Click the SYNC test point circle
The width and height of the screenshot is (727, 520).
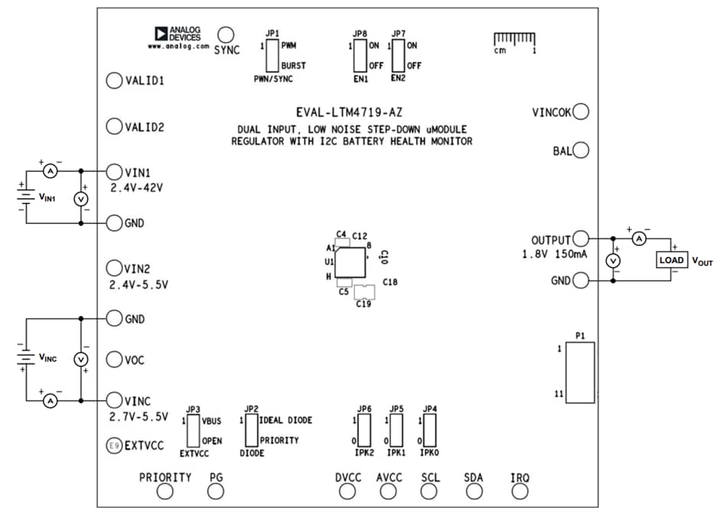coord(226,34)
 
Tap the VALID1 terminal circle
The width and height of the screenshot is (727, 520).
coord(114,80)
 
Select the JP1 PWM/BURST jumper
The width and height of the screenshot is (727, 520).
coord(272,56)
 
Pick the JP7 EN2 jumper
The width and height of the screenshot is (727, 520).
coord(398,56)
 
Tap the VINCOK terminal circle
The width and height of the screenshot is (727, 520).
coord(581,112)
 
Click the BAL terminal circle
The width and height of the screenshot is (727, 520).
coord(581,151)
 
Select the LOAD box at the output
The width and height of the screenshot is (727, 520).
coord(671,261)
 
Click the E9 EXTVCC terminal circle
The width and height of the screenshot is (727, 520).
coord(114,444)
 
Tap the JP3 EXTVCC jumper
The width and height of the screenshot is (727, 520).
coord(194,431)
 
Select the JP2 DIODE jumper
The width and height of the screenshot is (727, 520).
coord(251,431)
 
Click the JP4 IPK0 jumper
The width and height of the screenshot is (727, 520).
coord(429,431)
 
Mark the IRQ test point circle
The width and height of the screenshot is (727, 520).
coord(520,492)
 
